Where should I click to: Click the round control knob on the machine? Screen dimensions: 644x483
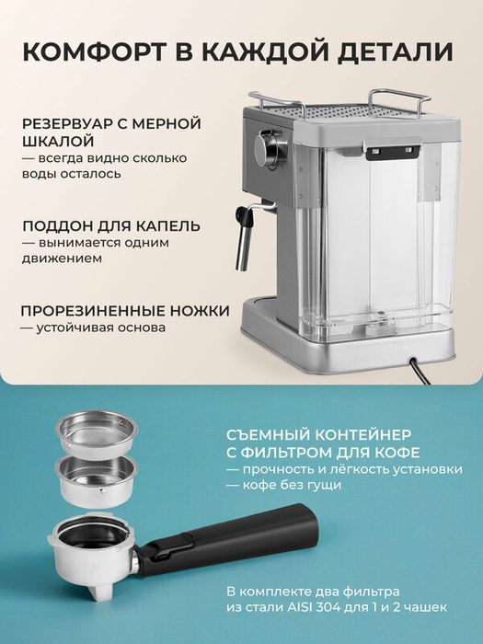[270, 146]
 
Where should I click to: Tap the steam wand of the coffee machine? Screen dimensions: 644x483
[243, 239]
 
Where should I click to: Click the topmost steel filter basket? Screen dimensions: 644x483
[97, 431]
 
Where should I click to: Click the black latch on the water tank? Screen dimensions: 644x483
[391, 151]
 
